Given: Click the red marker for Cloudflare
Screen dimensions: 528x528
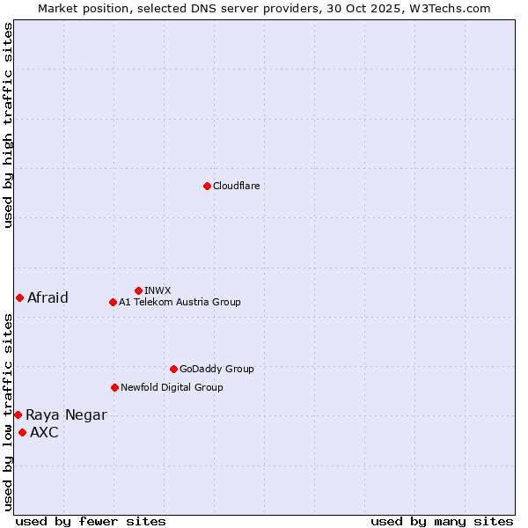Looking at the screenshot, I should tap(207, 186).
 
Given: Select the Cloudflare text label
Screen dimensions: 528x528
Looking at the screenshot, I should tap(236, 187).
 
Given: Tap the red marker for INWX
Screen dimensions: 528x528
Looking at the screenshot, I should tap(138, 290).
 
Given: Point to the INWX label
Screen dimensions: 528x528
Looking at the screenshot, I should tap(158, 290).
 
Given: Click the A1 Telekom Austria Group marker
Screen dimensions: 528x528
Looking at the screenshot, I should tap(113, 302).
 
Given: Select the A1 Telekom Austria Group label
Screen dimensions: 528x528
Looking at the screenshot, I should tap(180, 303).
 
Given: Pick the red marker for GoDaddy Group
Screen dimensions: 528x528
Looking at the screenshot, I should tap(173, 369).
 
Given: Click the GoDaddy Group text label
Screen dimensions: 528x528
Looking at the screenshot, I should tap(216, 370).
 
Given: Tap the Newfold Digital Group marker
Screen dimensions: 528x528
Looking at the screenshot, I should tap(114, 387).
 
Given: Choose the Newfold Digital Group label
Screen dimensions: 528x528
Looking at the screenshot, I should tap(172, 387).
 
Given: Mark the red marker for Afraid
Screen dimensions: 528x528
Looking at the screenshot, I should tap(19, 297).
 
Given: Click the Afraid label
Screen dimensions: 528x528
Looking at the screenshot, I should tap(48, 297).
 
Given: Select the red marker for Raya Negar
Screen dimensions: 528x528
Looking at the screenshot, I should tap(18, 414).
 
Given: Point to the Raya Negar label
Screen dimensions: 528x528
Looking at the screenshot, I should tap(66, 415).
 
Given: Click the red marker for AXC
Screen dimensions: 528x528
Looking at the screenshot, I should tap(22, 432).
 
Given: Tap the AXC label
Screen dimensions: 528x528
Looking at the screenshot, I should tap(44, 432).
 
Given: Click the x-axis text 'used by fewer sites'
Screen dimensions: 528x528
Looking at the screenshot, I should tap(91, 521).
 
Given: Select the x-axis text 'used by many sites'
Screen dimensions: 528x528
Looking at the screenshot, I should tap(442, 521).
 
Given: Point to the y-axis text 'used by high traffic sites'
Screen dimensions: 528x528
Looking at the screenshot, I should tap(8, 125).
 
